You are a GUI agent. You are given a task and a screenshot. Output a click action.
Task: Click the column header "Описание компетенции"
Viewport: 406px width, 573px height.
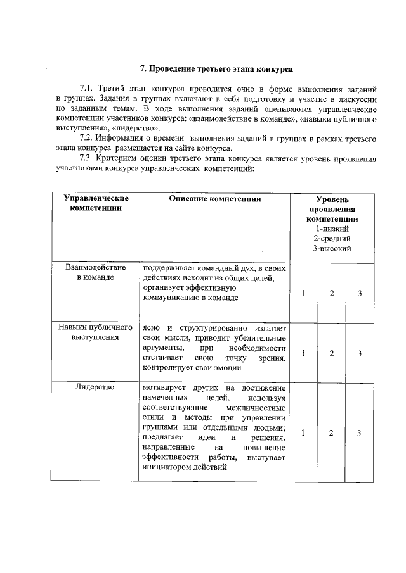(x=215, y=199)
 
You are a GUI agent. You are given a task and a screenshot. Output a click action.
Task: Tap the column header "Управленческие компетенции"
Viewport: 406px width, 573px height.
(x=96, y=203)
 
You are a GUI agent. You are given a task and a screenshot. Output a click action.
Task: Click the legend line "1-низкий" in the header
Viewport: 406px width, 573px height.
(x=332, y=228)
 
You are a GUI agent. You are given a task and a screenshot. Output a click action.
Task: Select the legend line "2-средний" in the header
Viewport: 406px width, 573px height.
(x=332, y=238)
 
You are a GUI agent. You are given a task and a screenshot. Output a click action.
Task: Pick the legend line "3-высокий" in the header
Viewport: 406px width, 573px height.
(x=332, y=248)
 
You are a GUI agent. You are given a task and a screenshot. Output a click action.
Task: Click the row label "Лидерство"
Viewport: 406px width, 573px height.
(x=95, y=387)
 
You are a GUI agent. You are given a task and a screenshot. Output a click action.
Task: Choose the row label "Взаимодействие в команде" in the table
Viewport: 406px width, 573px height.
(x=95, y=273)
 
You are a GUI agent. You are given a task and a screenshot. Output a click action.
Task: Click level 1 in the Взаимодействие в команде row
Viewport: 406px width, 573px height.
(x=304, y=293)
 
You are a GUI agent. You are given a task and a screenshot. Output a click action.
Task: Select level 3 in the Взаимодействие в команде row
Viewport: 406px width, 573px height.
(x=359, y=293)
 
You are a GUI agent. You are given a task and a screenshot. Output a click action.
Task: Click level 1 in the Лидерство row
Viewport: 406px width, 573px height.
(x=304, y=433)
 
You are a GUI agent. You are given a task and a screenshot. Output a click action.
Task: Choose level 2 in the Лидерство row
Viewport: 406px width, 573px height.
(x=331, y=433)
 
